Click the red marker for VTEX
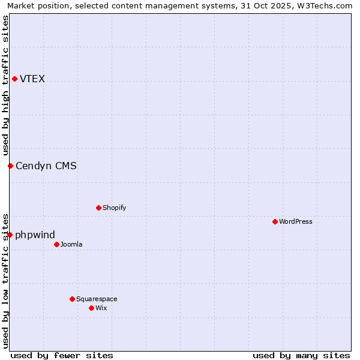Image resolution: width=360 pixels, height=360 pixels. click(14, 79)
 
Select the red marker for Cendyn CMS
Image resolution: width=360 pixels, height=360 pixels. click(10, 166)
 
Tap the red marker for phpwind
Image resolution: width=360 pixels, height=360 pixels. click(10, 235)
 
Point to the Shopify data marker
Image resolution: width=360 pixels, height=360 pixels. click(98, 208)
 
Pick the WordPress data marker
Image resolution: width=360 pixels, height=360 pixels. click(275, 222)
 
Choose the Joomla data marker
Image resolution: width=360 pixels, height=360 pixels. click(56, 245)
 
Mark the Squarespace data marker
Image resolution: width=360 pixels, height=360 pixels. click(72, 299)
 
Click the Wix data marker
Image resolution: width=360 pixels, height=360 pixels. click(91, 308)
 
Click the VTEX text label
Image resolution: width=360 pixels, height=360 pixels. click(32, 79)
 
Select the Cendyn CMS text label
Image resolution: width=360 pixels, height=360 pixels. click(46, 166)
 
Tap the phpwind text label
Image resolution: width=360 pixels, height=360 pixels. click(35, 235)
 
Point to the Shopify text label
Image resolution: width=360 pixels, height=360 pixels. click(114, 208)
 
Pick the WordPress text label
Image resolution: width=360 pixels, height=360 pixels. click(295, 222)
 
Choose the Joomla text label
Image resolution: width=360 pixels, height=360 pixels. click(71, 245)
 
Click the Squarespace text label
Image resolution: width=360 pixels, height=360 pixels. click(97, 299)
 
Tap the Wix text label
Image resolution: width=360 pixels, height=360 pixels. click(101, 308)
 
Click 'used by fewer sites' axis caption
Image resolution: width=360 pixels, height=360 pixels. click(62, 355)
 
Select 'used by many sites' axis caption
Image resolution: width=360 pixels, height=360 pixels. click(301, 355)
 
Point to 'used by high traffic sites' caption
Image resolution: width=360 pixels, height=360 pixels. click(5, 85)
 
